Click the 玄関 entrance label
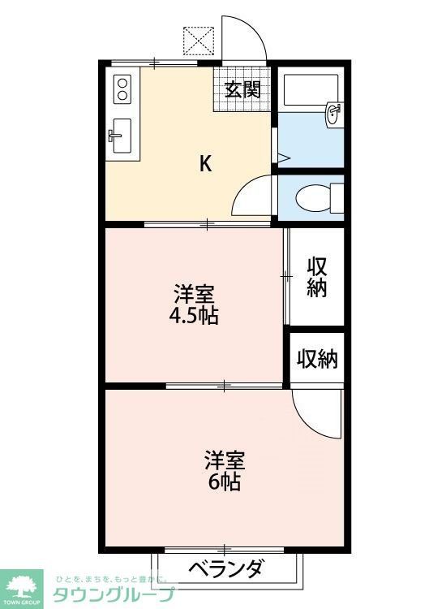pos(242,89)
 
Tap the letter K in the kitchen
pos(206,164)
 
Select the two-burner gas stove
pos(122,89)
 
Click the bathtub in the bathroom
pos(311,89)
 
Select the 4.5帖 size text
pos(193,317)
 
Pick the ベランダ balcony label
pos(226,568)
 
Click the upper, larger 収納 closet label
pos(317,277)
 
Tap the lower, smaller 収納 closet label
pos(317,358)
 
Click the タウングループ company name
pos(114,594)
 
